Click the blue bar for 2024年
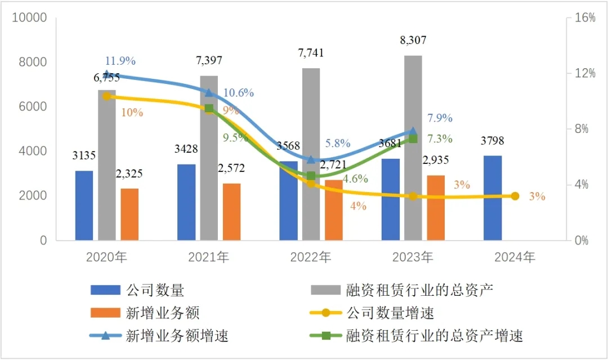click(x=492, y=198)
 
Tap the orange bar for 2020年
click(x=129, y=214)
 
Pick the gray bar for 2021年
click(x=209, y=158)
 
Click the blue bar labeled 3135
click(x=84, y=205)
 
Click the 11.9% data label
click(x=120, y=61)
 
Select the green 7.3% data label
click(x=440, y=139)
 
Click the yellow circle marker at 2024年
click(x=515, y=196)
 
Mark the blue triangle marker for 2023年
click(x=413, y=132)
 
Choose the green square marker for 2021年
click(x=209, y=109)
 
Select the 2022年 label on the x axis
click(x=311, y=257)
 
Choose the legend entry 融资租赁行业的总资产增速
click(x=435, y=336)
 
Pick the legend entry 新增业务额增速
click(x=177, y=336)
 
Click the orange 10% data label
click(x=132, y=112)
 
